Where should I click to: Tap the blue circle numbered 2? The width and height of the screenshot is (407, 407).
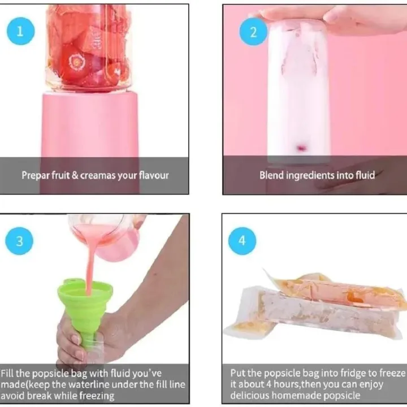pos(253,31)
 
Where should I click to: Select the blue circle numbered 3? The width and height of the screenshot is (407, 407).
pos(20,241)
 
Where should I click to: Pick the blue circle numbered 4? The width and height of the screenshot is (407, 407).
pos(242,241)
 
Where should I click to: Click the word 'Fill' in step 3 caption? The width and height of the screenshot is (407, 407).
pos(8,374)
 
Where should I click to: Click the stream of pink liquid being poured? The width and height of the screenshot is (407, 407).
pos(90,266)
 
